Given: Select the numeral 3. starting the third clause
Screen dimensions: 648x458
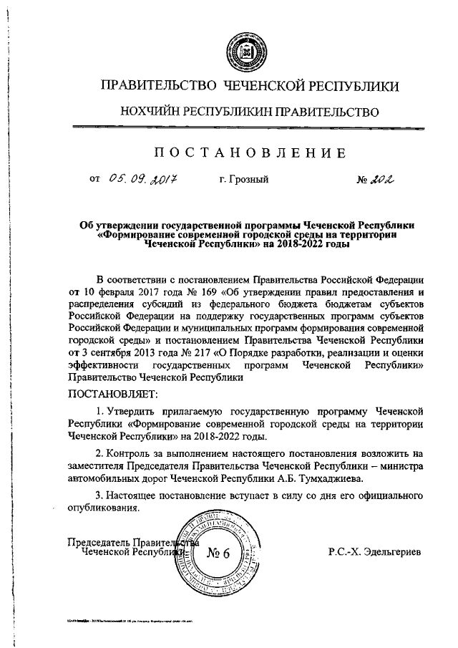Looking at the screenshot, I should click(99, 495).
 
